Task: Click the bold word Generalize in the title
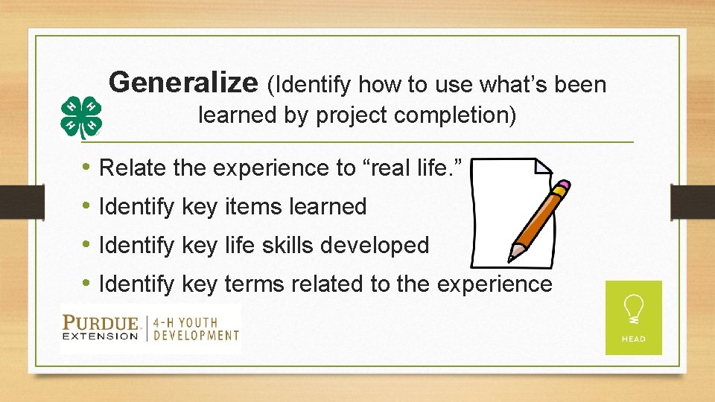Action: coord(182,83)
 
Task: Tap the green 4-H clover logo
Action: coord(81,118)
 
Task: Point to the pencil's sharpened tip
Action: coord(511,257)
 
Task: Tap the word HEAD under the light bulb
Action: coord(633,339)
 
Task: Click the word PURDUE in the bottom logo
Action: coord(101,322)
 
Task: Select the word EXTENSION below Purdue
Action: coord(101,336)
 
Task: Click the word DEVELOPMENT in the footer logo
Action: coord(197,335)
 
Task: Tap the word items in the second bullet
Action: coord(247,207)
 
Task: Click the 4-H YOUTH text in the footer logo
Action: coord(186,322)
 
